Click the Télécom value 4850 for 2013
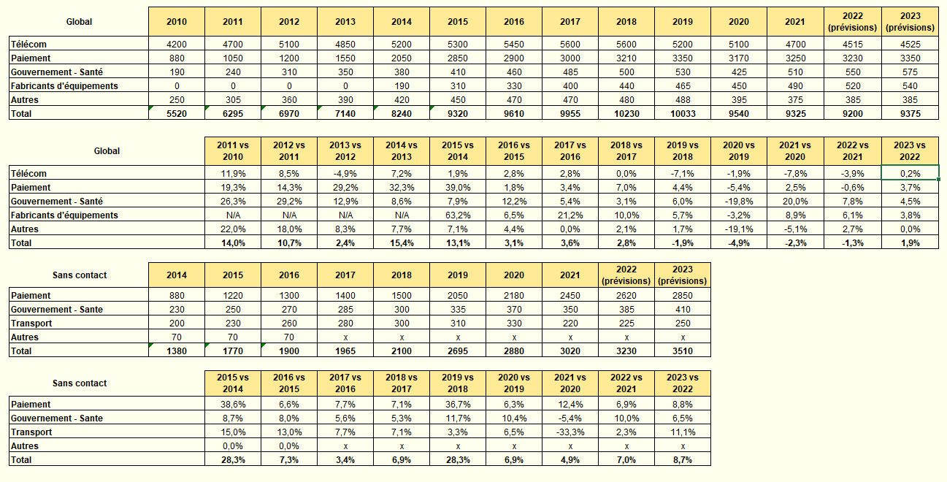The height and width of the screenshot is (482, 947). coord(345,45)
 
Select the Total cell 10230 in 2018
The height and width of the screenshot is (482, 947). coord(626,113)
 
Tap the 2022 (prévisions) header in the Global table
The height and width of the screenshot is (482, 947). coord(852,22)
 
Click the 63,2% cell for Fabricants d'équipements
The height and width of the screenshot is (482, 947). coord(458,215)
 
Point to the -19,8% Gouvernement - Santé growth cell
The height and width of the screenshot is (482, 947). coord(739,202)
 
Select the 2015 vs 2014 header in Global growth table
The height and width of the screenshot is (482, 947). coord(458,151)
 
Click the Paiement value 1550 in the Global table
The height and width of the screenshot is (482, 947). coord(345,58)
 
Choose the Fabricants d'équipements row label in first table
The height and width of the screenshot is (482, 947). coord(64,86)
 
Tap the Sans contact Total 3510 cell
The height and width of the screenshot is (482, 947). coord(682,351)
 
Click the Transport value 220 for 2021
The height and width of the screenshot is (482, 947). coord(570,324)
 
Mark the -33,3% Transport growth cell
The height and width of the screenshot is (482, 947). coord(570,432)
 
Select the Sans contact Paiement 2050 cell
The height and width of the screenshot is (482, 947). coord(458,296)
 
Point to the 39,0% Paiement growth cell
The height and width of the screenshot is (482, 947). coord(458,188)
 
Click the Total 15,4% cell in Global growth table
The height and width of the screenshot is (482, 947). coord(402,243)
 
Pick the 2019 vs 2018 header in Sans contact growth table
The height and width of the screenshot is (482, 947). coord(458,383)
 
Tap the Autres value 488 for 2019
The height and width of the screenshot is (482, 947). coord(682,100)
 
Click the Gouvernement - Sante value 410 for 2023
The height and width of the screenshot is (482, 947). coord(682,310)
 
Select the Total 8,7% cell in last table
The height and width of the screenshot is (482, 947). coord(682,460)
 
